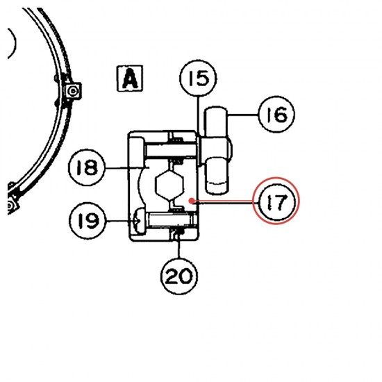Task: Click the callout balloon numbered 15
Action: point(198,78)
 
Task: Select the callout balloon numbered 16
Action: point(276,114)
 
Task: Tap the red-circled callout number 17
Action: point(276,201)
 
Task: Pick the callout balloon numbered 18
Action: point(87,167)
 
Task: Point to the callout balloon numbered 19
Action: point(88,221)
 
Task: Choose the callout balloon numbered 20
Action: point(179,276)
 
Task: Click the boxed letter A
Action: point(130,78)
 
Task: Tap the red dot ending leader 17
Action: point(192,201)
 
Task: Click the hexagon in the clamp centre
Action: point(169,185)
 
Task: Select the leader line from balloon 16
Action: point(242,115)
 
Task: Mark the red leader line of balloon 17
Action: point(224,201)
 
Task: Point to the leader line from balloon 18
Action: point(126,167)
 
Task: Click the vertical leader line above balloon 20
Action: point(179,247)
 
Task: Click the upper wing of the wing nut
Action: point(216,121)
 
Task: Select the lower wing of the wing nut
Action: point(217,176)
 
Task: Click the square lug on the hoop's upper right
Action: point(72,92)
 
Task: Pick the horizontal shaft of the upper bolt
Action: point(171,151)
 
